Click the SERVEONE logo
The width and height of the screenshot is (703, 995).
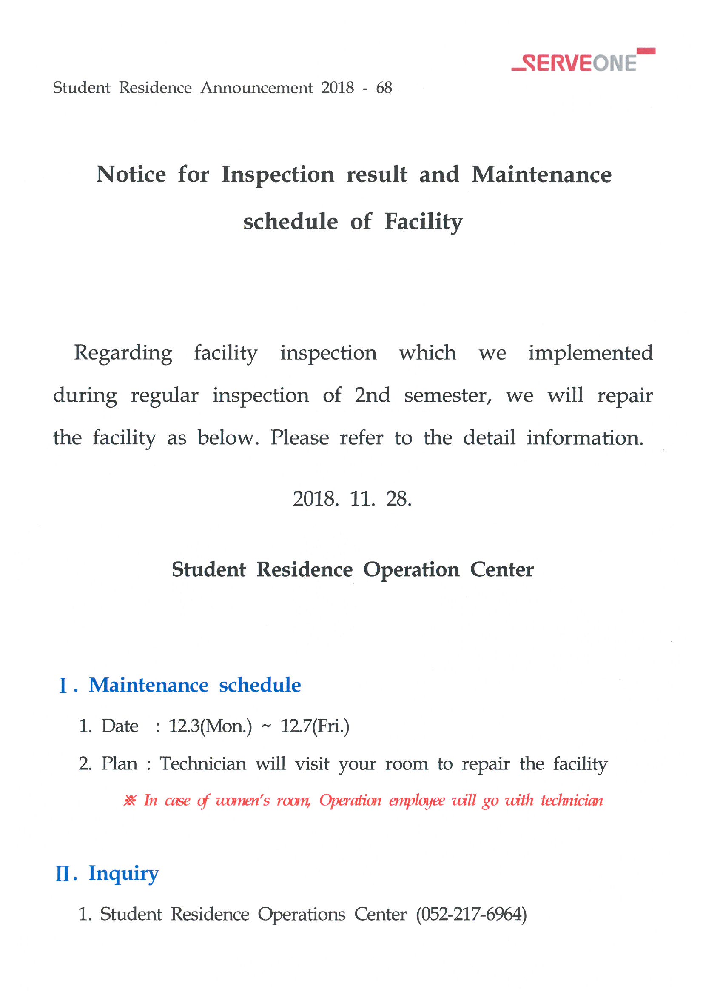point(583,62)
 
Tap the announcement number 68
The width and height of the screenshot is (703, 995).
point(384,88)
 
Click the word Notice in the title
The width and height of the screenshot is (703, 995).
point(131,174)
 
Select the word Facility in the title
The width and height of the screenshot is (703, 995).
point(423,222)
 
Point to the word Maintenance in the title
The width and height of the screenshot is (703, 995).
point(541,174)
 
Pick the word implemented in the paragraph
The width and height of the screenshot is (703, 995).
point(590,353)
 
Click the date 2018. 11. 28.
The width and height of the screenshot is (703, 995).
point(352,499)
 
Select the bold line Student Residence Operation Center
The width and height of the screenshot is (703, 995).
point(352,569)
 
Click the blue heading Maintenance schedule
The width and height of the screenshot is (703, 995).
point(194,685)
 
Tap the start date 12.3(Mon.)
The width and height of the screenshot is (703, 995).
point(210,726)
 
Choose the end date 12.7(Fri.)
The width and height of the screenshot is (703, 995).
point(315,726)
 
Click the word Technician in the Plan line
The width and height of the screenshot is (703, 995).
point(203,763)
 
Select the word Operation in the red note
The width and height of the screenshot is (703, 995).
point(350,801)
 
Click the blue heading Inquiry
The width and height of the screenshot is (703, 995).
point(123,873)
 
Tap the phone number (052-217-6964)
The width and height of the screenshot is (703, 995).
point(471,914)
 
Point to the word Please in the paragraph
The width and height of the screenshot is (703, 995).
point(299,437)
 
